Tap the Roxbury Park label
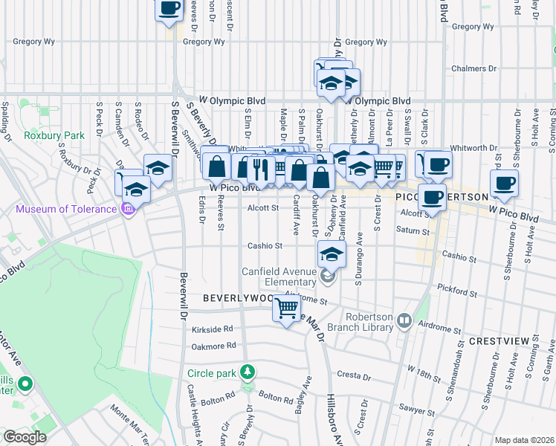46,136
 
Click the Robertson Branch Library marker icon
404,321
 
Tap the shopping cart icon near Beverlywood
287,307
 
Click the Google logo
25,436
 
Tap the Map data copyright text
523,440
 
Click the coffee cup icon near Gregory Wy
169,8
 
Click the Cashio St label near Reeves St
266,245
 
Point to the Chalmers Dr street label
473,69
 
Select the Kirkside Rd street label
212,329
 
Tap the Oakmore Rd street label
210,345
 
